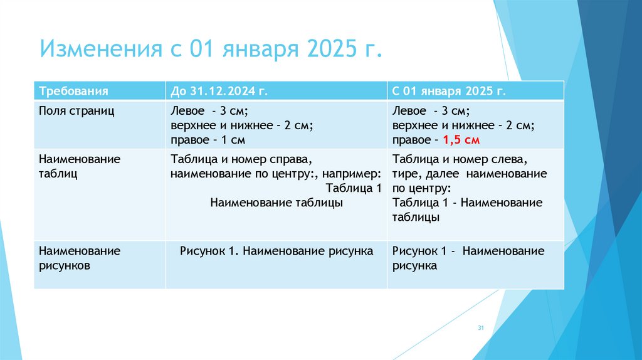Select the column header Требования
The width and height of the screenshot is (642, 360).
[74, 91]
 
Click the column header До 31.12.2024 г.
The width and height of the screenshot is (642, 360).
[219, 91]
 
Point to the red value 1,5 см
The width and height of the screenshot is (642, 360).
[461, 140]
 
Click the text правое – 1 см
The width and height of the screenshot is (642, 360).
[208, 140]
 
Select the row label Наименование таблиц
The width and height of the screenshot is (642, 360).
[79, 166]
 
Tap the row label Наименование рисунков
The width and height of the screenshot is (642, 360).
[79, 258]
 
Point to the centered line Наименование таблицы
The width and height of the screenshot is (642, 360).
[276, 203]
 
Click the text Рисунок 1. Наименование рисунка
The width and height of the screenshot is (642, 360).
[276, 251]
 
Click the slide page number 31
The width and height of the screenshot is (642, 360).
[481, 329]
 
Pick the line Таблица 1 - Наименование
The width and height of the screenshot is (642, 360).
[467, 203]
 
